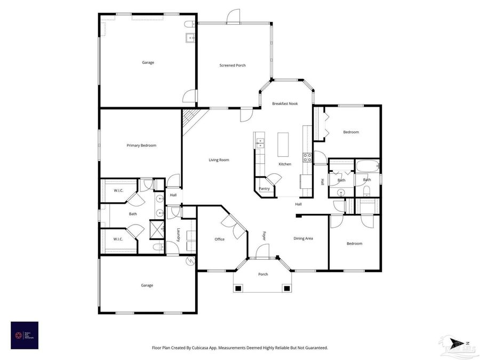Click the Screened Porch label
click(233, 66)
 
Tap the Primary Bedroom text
click(141, 145)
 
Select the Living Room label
click(219, 160)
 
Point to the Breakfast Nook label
click(285, 103)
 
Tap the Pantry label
click(264, 188)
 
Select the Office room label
click(219, 239)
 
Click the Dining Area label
click(303, 238)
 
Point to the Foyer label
click(264, 235)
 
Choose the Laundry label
click(178, 235)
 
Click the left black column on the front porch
click(238, 289)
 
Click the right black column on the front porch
click(287, 289)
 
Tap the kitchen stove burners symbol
click(307, 157)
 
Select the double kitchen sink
click(260, 143)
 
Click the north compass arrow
click(457, 343)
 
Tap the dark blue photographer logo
click(25, 335)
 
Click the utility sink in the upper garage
click(189, 38)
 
